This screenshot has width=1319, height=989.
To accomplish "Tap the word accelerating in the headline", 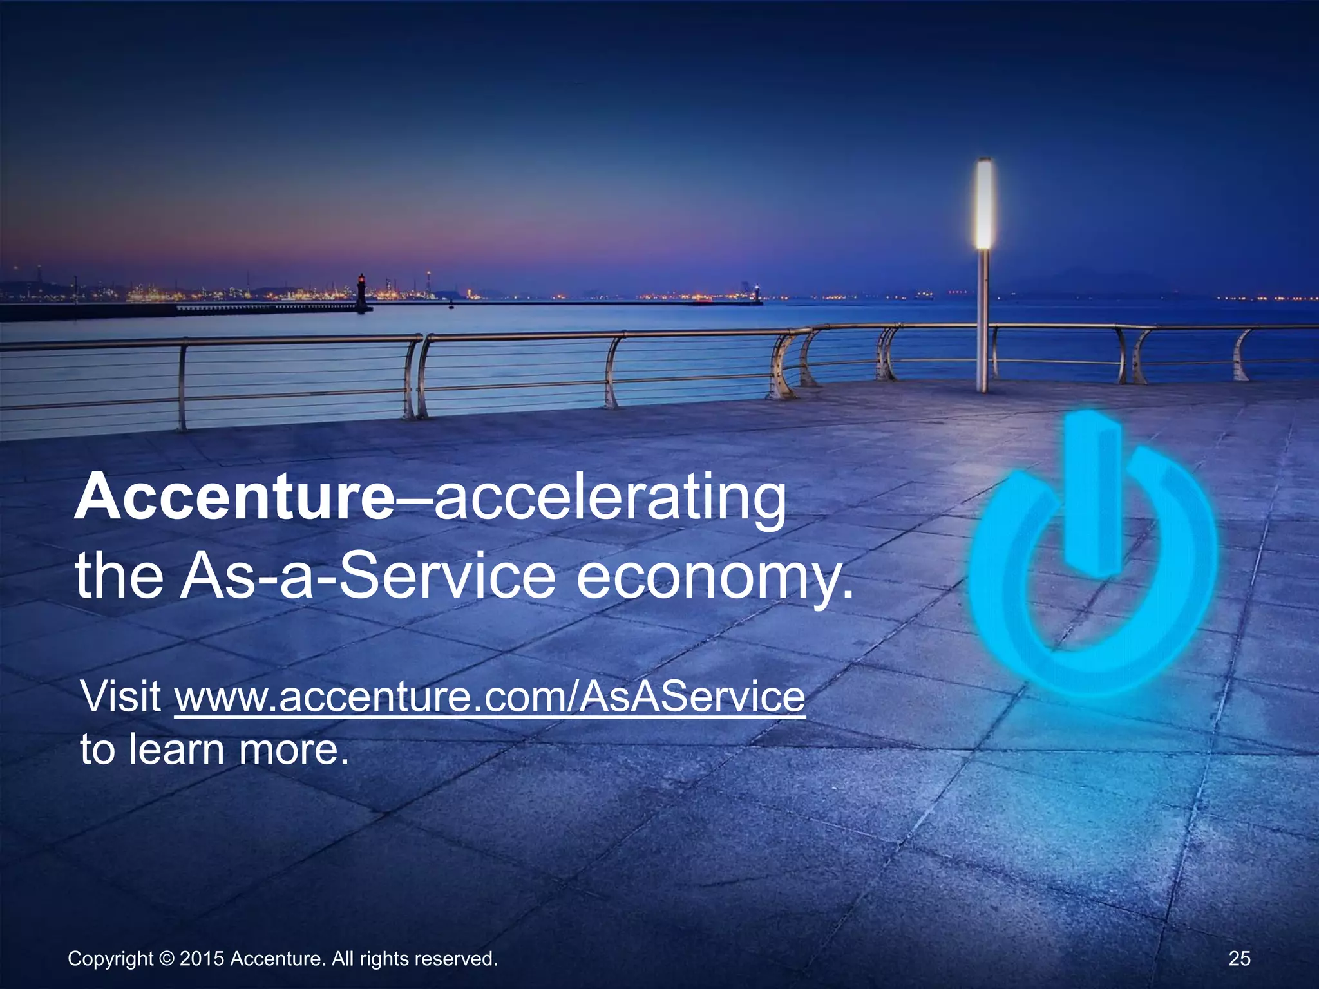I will [x=610, y=499].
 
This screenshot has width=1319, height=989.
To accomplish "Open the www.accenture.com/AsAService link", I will [x=489, y=697].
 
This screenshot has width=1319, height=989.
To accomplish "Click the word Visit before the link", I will [x=121, y=697].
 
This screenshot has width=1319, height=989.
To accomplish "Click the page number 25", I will [x=1239, y=959].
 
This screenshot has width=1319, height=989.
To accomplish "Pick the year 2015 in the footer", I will [x=202, y=959].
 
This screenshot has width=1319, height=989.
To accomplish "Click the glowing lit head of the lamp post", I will [x=983, y=204].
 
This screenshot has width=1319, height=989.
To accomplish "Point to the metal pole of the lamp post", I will [x=983, y=322].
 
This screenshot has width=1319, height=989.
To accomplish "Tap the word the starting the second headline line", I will [x=120, y=576].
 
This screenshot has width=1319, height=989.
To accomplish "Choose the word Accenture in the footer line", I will [x=277, y=959].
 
